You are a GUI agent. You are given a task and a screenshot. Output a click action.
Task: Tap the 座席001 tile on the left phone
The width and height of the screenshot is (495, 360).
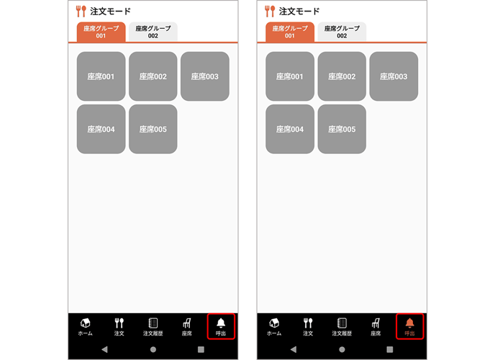point(101,76)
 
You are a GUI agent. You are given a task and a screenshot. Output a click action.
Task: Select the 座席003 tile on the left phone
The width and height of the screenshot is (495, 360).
point(205,76)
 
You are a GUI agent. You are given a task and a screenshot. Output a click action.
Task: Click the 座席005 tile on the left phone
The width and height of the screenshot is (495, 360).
point(153,129)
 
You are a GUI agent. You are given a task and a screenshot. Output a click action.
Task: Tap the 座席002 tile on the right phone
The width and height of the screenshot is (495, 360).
point(342,76)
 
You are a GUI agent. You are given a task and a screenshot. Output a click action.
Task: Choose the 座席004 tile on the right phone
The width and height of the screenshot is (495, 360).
point(290,129)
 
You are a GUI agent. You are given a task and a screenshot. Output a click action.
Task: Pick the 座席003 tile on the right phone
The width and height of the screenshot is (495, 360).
point(394,76)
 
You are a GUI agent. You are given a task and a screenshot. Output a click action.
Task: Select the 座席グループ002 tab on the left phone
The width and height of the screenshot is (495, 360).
point(153,32)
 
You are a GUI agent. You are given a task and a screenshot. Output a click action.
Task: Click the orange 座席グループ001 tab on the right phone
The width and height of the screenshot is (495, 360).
point(290,32)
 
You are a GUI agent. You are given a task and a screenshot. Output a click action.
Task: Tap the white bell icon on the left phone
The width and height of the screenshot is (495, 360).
point(221,323)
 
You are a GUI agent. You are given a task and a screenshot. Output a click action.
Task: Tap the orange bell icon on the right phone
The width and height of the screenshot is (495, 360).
point(410,323)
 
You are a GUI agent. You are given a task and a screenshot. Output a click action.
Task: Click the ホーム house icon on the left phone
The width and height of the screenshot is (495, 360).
point(85,323)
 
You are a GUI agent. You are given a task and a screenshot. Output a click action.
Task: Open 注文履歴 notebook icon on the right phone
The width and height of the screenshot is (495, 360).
point(342,323)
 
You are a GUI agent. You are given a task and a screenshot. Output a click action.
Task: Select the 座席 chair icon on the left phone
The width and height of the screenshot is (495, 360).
point(187,323)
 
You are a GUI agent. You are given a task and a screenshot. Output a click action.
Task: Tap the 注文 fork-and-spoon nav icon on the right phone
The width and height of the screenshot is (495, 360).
point(308,323)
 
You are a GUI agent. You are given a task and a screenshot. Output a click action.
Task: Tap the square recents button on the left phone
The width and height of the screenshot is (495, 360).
point(201,349)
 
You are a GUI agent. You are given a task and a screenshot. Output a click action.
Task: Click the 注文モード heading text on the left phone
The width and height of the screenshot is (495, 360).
point(110,12)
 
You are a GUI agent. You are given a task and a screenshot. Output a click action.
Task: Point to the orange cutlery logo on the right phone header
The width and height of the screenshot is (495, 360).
point(270,11)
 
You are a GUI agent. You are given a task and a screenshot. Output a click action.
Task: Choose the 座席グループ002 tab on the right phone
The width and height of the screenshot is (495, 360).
point(342,32)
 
